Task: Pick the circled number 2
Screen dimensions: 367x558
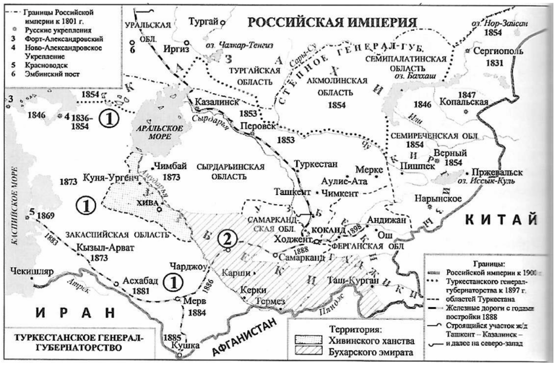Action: point(228,238)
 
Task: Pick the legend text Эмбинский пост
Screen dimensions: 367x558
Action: point(51,73)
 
